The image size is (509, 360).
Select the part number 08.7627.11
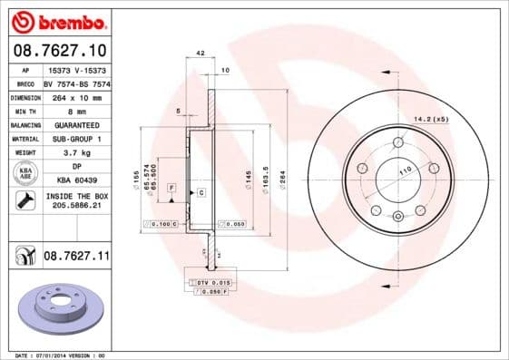point(76,257)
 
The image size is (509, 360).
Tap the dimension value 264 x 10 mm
point(76,96)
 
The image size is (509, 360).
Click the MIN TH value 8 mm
point(76,110)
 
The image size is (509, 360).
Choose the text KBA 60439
point(76,180)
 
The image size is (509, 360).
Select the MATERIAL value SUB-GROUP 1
point(76,139)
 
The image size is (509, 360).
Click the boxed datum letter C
point(201,193)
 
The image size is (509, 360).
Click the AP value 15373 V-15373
point(76,69)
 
